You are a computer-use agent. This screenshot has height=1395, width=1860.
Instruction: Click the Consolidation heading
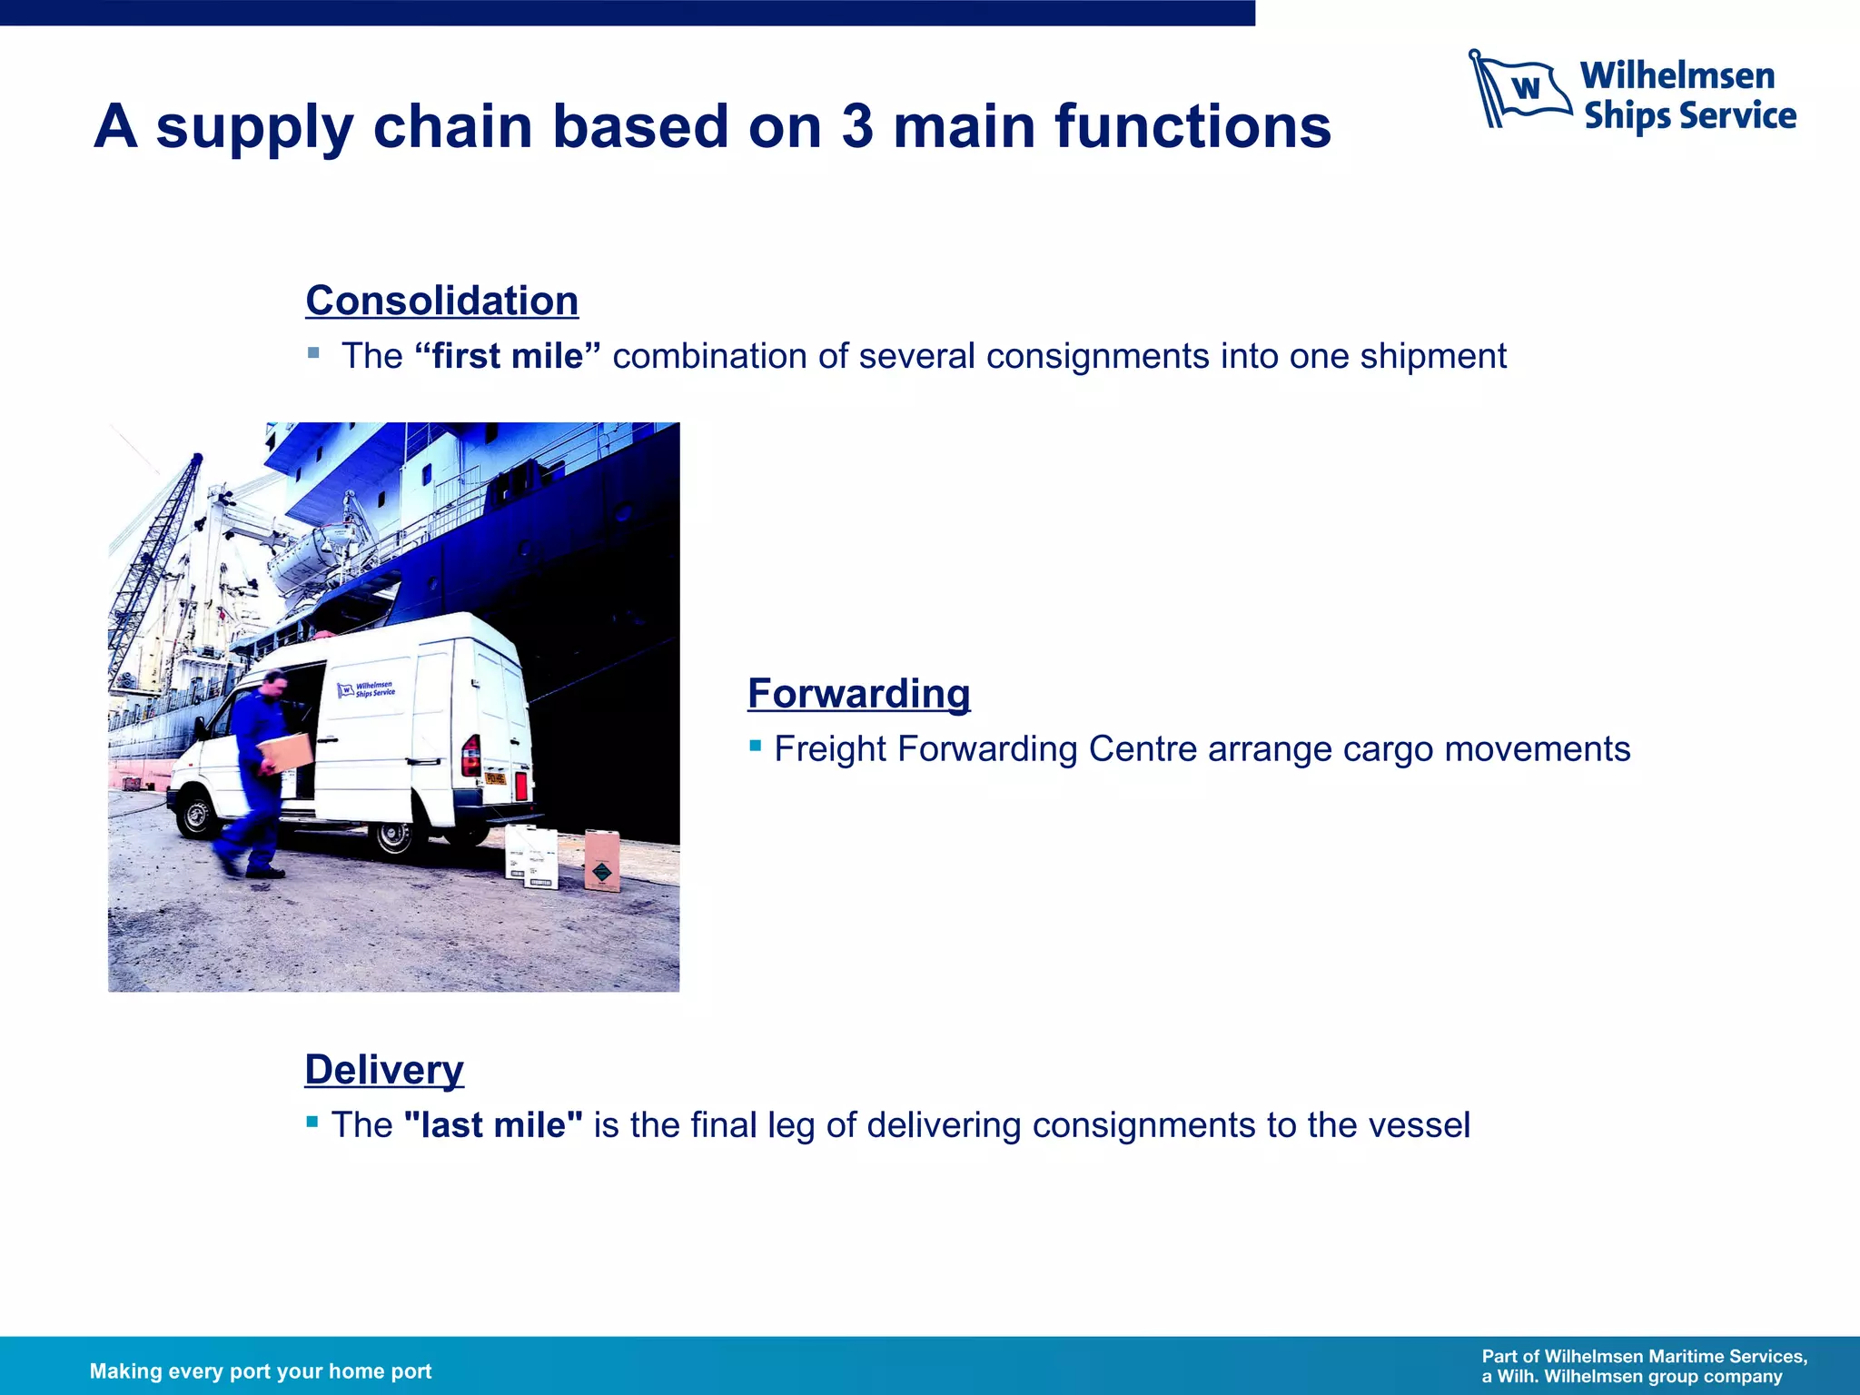click(441, 301)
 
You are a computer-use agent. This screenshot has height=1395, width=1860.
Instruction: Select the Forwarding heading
click(858, 694)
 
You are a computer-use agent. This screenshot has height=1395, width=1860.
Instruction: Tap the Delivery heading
click(383, 1070)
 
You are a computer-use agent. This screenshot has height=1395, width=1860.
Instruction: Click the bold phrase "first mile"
click(507, 356)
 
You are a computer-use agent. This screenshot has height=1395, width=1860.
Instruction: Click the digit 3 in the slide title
click(856, 126)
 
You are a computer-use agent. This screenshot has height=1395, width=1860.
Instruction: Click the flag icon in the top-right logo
click(1520, 88)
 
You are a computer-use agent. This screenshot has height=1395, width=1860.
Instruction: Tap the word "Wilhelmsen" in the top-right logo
click(1677, 75)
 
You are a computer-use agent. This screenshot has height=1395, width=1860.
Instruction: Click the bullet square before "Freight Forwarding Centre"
click(755, 746)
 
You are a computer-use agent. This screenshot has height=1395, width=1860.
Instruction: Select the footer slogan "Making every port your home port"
click(261, 1371)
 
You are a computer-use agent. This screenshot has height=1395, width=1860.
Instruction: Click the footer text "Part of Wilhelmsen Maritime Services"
click(1644, 1357)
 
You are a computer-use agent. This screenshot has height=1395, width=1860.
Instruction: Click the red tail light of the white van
click(471, 756)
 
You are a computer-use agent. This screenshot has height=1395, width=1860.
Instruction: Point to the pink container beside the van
click(601, 859)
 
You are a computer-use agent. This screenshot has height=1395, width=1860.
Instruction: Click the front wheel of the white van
click(196, 815)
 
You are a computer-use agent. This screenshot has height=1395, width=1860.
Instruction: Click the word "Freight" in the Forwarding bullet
click(831, 749)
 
